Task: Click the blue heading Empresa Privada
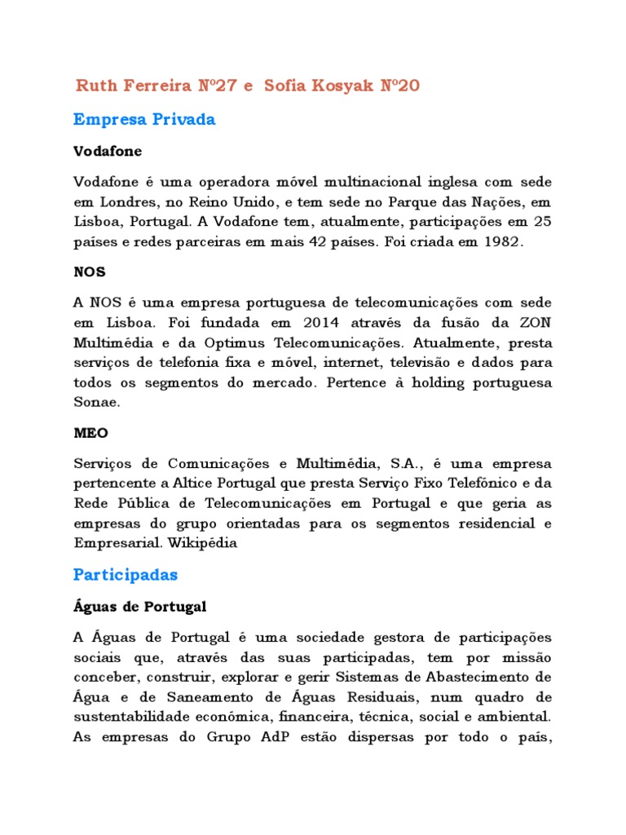(x=144, y=120)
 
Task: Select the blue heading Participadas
(x=126, y=575)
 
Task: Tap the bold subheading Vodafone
(x=108, y=152)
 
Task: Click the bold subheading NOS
(x=90, y=272)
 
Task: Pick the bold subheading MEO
(x=90, y=432)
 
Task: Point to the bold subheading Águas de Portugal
(x=140, y=607)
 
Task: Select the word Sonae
(x=96, y=401)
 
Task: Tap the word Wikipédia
(x=204, y=543)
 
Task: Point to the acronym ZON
(x=536, y=322)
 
